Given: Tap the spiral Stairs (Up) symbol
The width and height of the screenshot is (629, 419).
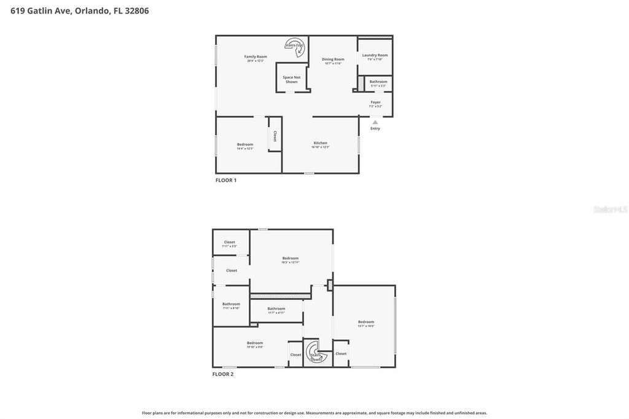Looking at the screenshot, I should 294,45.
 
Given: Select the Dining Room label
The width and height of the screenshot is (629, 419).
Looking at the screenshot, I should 333,60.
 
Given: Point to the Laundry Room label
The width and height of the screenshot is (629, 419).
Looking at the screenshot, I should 375,55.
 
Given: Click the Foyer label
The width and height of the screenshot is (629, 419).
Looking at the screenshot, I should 375,103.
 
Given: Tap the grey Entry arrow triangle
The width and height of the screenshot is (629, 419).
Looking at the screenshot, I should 375,122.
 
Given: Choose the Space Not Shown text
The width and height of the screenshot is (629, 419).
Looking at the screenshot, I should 292,79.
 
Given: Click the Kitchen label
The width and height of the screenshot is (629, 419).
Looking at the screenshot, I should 320,143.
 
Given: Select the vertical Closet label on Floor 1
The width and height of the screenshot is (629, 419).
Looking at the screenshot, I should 275,136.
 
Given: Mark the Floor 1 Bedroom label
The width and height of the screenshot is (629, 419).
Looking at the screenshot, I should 245,144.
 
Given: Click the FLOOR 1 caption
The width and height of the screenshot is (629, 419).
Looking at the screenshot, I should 226,180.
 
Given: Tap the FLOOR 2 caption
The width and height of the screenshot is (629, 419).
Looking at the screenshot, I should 223,374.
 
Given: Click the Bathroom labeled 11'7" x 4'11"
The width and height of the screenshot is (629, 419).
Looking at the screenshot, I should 276,308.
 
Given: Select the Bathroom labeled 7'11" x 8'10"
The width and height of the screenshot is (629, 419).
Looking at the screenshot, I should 231,304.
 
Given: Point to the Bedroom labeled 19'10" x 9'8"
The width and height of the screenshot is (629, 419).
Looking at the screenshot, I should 255,343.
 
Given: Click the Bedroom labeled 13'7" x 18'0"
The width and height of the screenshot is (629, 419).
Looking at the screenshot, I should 366,322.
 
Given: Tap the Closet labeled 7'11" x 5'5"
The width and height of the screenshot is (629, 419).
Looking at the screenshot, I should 229,242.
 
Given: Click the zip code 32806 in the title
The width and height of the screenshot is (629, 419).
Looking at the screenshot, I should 136,10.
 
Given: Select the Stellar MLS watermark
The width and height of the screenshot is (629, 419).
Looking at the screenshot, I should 610,209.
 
